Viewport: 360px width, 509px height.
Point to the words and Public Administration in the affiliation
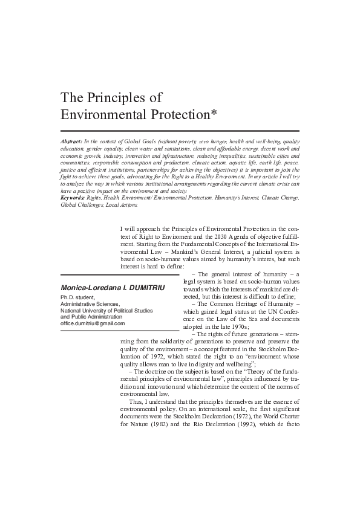point(94,317)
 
